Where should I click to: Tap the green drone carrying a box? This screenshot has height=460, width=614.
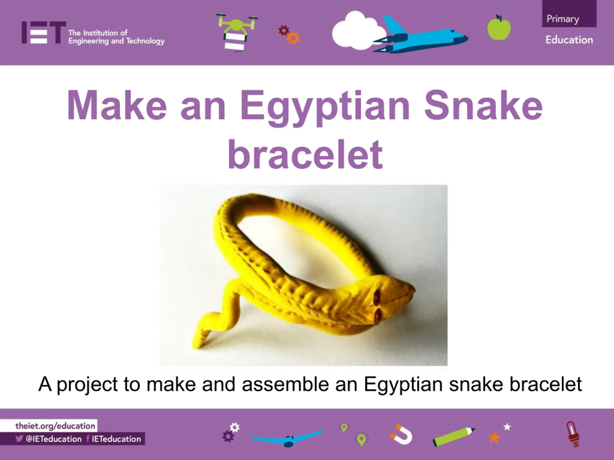237,32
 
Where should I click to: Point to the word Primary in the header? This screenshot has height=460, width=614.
563,19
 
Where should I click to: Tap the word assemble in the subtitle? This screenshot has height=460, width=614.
285,384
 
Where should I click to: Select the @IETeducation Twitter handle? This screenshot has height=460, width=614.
53,439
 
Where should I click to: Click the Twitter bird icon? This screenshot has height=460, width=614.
19,439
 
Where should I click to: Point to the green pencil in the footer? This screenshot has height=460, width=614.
454,437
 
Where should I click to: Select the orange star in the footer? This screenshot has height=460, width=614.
494,437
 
